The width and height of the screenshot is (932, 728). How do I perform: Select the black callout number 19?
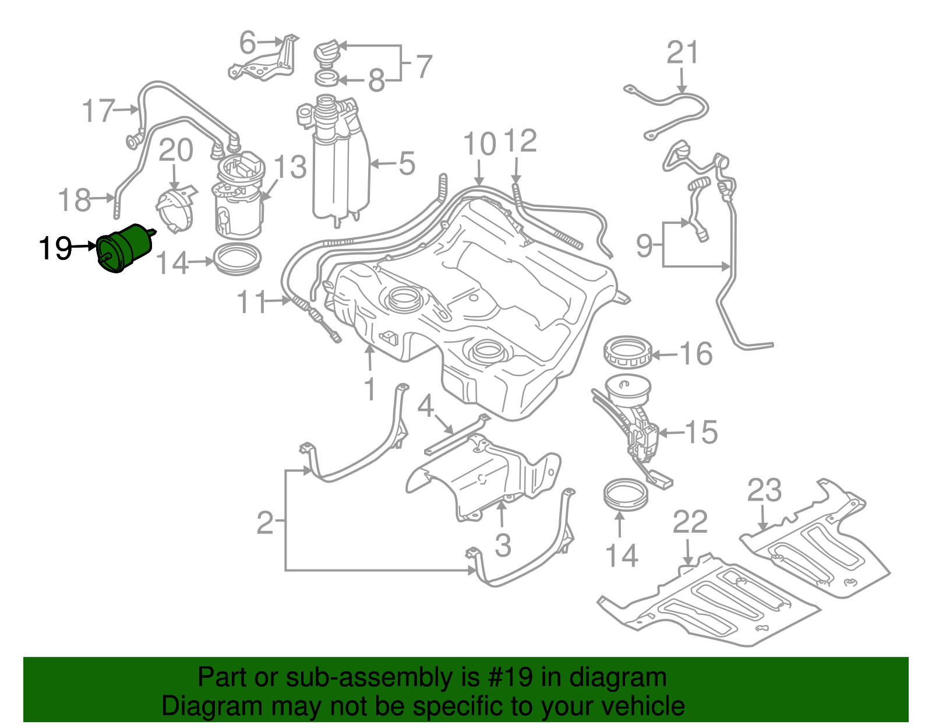tap(55, 249)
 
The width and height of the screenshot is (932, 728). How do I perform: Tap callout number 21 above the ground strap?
tap(682, 53)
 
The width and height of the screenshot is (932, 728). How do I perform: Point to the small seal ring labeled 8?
tap(327, 78)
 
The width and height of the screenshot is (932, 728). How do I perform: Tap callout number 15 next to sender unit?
tap(701, 432)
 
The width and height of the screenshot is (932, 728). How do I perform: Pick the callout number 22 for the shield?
tap(690, 522)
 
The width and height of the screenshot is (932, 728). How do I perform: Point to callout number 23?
tap(764, 490)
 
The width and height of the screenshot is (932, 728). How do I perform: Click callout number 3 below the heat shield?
tap(503, 546)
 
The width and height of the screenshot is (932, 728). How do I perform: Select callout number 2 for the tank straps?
tap(265, 523)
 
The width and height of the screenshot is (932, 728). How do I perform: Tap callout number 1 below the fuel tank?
tap(370, 389)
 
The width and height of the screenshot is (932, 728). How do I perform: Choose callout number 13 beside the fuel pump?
tap(290, 167)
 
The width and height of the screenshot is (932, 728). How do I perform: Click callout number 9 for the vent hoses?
tap(644, 245)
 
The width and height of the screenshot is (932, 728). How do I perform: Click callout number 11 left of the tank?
tap(252, 302)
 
